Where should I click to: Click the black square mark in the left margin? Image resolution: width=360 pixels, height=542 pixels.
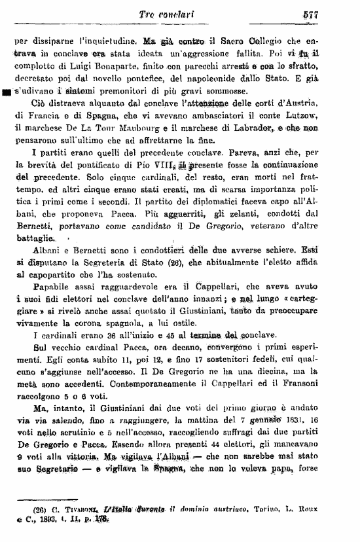pos(7,92)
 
